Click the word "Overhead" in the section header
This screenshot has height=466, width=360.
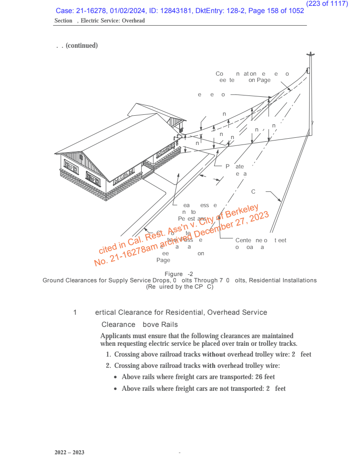click(x=133, y=21)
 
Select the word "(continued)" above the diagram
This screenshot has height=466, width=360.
click(x=81, y=46)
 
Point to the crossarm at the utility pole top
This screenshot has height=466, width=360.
click(x=310, y=54)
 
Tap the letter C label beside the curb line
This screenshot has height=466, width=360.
click(x=253, y=192)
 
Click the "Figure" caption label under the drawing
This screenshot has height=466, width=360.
click(x=174, y=274)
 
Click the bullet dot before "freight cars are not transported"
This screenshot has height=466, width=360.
click(x=117, y=389)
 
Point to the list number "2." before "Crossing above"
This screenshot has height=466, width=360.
click(x=108, y=366)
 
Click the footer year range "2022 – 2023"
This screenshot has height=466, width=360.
click(x=69, y=452)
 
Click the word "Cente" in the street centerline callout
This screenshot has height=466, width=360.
click(x=243, y=240)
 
